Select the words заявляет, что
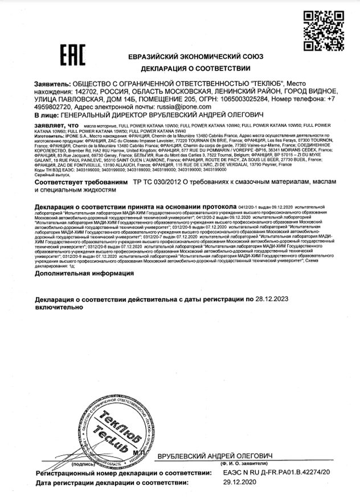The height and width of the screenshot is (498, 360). coord(56,124)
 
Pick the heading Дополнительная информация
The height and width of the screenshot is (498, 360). coord(84,273)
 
